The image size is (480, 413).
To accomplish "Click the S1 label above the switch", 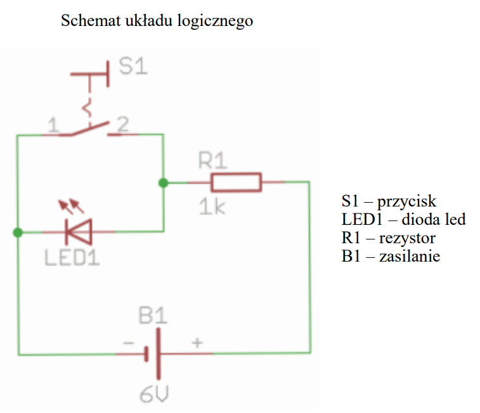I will pyautogui.click(x=133, y=67).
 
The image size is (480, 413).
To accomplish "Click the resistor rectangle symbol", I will pyautogui.click(x=236, y=182).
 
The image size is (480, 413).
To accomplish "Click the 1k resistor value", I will pyautogui.click(x=212, y=206).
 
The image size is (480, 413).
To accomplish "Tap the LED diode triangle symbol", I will pyautogui.click(x=79, y=232).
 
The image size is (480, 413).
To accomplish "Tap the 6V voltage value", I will pyautogui.click(x=154, y=395).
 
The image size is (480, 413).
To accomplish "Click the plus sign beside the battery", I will pyautogui.click(x=197, y=343).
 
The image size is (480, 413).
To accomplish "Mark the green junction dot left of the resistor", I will pyautogui.click(x=164, y=182).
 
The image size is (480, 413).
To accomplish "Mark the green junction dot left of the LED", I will pyautogui.click(x=18, y=232).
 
